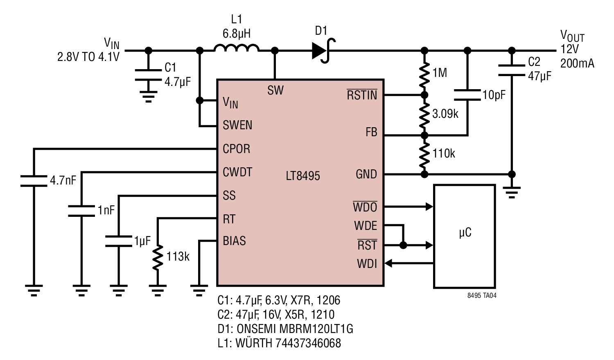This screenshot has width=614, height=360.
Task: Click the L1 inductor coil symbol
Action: coord(236,48)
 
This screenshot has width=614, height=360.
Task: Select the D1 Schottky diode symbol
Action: coord(323,50)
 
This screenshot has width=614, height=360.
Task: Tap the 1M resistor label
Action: coord(440,72)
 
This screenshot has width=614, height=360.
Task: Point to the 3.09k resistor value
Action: coord(445,114)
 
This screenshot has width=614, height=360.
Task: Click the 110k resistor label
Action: coord(443,153)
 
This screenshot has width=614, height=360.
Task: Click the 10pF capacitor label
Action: coord(494,95)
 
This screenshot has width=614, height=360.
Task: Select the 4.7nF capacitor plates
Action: coord(34,181)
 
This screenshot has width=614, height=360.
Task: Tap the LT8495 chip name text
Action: coord(302,176)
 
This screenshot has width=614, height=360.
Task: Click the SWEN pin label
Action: coord(237,125)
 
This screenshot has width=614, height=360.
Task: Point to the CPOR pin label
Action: coord(236,149)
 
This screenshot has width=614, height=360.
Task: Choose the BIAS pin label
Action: coord(234,241)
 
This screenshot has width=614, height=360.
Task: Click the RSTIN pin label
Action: coord(362,94)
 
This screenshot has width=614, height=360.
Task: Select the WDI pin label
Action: coord(367,264)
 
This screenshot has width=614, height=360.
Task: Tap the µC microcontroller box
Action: coord(465,236)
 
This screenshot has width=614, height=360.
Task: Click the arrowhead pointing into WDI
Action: coord(389,263)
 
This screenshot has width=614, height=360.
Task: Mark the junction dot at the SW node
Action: coord(275,50)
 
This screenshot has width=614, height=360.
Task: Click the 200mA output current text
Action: coord(577,63)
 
